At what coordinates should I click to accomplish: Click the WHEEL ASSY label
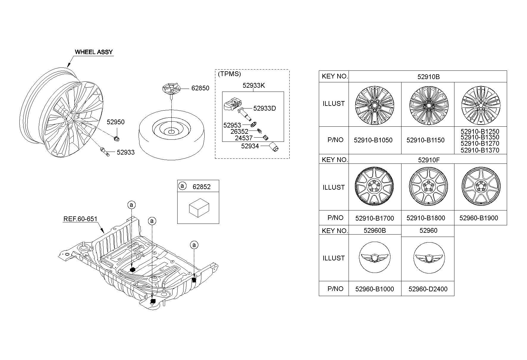point(94,52)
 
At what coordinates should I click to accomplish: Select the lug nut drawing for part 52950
point(117,138)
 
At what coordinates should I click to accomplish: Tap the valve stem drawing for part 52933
point(105,151)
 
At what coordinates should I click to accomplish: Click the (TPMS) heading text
point(229,74)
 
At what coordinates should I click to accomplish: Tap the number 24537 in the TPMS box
point(244,138)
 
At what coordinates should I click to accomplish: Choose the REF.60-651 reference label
point(80,219)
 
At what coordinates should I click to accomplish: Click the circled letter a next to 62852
point(182,186)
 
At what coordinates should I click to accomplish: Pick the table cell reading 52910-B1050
point(373,140)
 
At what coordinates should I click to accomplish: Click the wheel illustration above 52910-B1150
point(428,105)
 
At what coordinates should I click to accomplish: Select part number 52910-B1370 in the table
point(480,150)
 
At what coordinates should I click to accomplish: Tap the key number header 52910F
point(429,160)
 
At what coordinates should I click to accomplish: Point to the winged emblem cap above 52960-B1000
point(374,258)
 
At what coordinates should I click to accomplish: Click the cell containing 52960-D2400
point(428,289)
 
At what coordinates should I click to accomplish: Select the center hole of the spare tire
point(172,131)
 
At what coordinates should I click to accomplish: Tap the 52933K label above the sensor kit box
point(254,86)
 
